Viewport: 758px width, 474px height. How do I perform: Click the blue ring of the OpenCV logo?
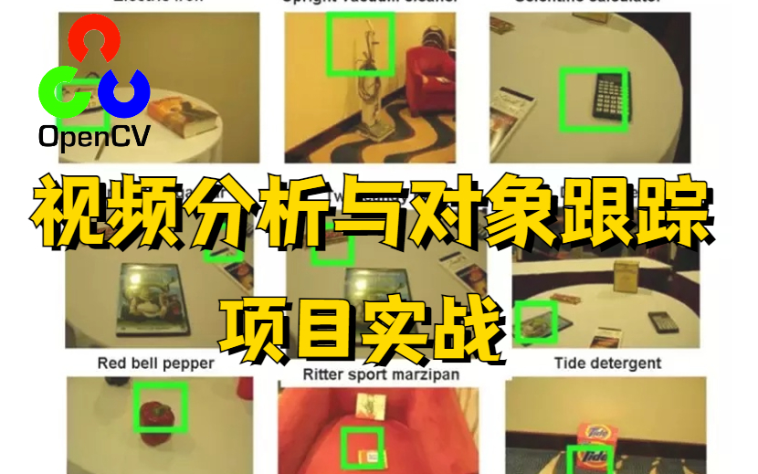tap(123, 90)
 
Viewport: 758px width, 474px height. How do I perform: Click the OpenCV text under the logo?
tap(94, 137)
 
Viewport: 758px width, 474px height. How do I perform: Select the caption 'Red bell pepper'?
tap(156, 363)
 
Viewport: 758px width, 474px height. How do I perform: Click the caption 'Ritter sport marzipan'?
tap(381, 374)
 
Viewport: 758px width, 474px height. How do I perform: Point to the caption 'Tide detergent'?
tap(607, 363)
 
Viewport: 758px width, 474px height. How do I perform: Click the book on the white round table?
tap(184, 118)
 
